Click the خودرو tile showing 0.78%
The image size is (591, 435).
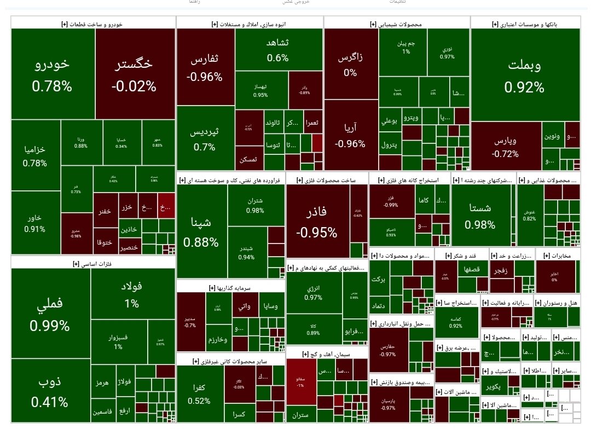[x=52, y=74]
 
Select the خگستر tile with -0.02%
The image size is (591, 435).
[x=134, y=74]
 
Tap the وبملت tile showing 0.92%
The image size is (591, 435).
[x=524, y=76]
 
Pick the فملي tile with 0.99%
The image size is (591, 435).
[x=50, y=315]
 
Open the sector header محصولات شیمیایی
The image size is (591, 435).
[x=397, y=24]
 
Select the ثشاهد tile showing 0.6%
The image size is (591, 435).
[x=278, y=50]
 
